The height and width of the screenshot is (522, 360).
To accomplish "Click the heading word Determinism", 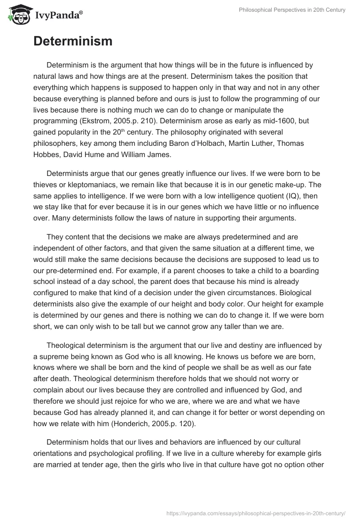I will click(x=72, y=41).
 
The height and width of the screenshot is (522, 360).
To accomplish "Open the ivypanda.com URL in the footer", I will click(x=256, y=513).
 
